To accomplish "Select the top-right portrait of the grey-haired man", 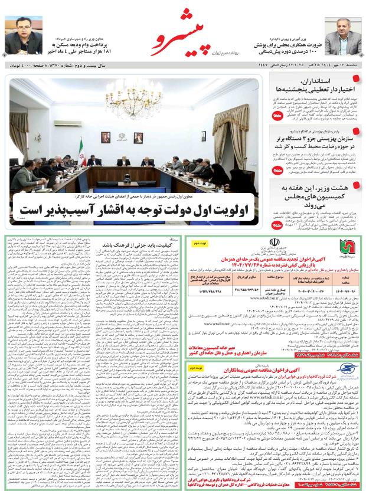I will click(342, 36).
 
